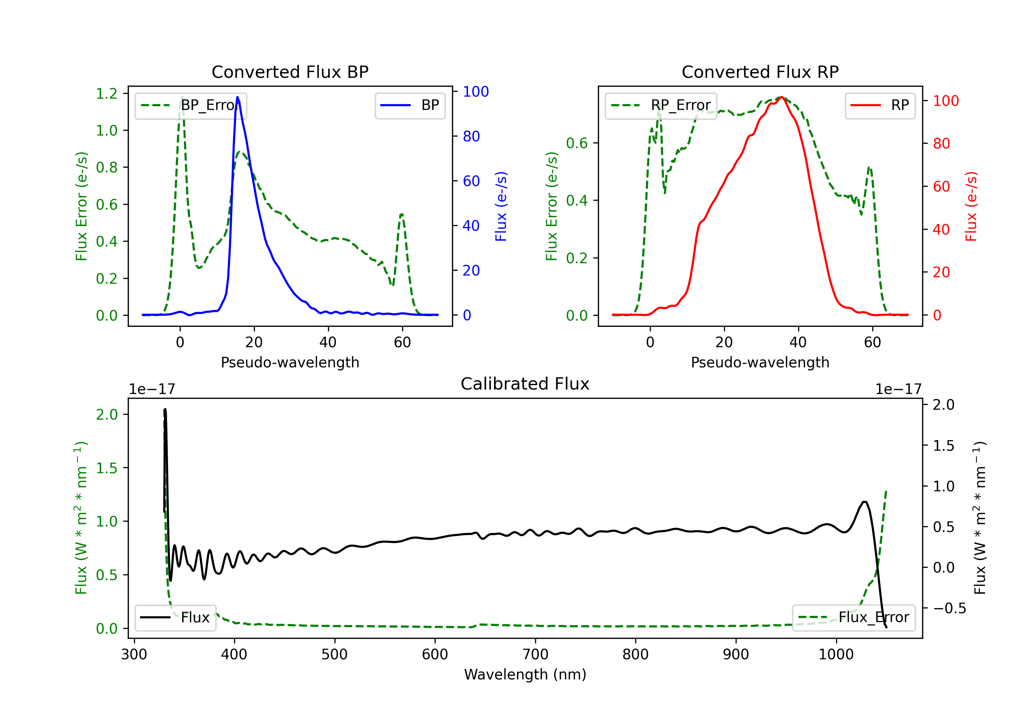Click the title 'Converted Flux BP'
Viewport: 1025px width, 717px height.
(290, 72)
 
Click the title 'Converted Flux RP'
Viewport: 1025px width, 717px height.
(760, 72)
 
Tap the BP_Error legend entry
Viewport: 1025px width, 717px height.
(191, 105)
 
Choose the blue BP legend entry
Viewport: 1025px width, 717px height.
(410, 105)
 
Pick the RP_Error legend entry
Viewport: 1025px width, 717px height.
(661, 105)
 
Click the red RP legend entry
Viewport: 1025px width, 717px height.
(880, 105)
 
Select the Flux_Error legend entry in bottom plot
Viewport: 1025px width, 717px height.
(853, 618)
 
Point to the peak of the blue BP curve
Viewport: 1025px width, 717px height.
(237, 97)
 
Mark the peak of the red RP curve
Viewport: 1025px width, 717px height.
(781, 97)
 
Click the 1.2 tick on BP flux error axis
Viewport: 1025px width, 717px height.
(107, 94)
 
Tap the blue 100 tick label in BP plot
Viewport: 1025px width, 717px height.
(476, 92)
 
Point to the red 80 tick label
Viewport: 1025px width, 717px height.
(942, 144)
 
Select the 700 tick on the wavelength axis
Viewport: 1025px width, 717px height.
(535, 655)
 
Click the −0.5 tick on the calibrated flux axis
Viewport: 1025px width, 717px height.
(949, 608)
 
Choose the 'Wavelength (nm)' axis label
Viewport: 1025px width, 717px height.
(525, 675)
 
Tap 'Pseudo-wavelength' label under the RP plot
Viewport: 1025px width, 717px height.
(760, 362)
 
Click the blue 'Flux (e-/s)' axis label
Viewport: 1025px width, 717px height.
(501, 206)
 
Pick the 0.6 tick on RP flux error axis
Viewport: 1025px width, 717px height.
(577, 143)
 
